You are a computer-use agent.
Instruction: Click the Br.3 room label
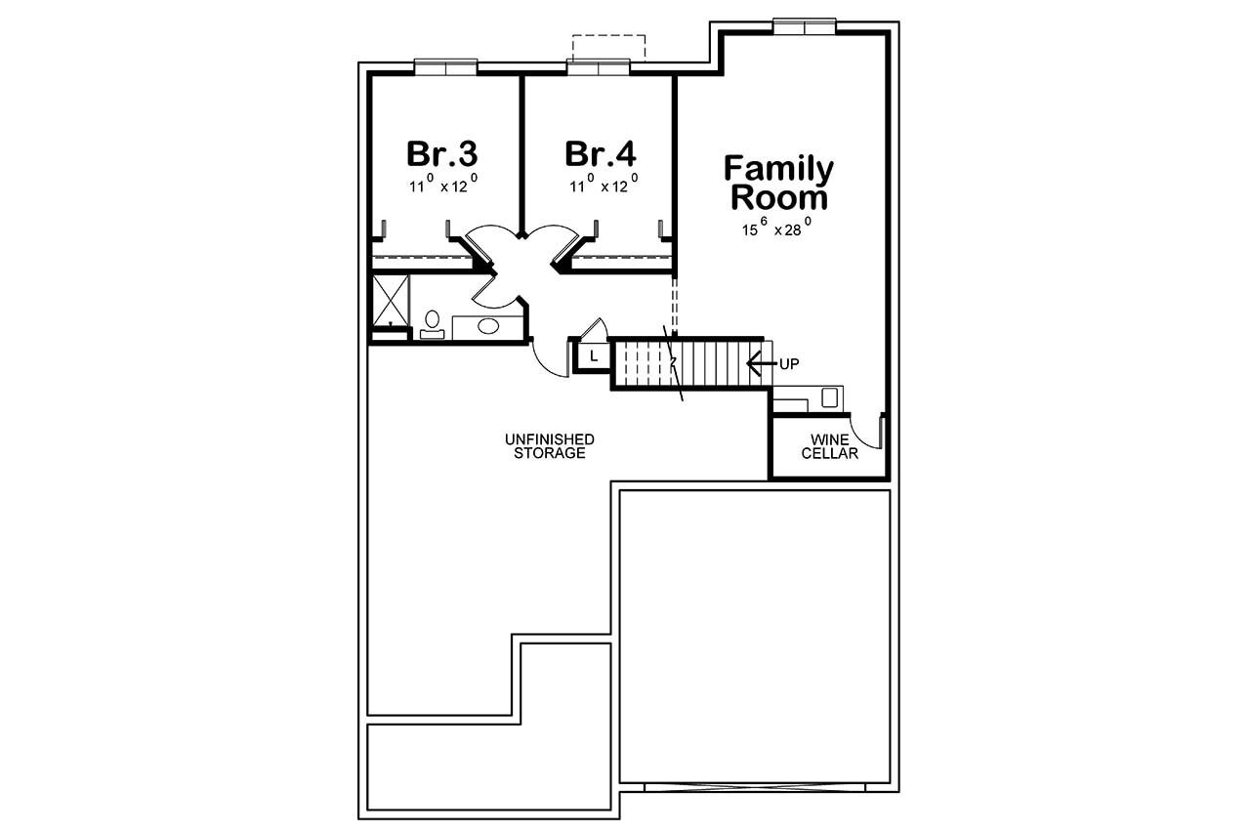pyautogui.click(x=441, y=153)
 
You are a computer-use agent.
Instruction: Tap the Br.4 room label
pyautogui.click(x=600, y=153)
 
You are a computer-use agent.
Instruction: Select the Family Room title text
pyautogui.click(x=778, y=183)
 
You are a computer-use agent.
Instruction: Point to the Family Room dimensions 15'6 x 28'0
pyautogui.click(x=778, y=230)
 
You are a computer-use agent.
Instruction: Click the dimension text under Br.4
pyautogui.click(x=603, y=186)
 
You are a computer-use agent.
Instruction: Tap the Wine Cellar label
pyautogui.click(x=829, y=446)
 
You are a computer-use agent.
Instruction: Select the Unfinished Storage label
pyautogui.click(x=550, y=446)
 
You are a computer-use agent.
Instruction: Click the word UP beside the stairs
pyautogui.click(x=790, y=363)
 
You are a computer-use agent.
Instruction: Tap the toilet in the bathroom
pyautogui.click(x=432, y=323)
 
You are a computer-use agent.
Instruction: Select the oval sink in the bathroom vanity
pyautogui.click(x=487, y=326)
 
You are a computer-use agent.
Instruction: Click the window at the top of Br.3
pyautogui.click(x=446, y=66)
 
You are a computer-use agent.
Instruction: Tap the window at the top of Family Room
pyautogui.click(x=805, y=25)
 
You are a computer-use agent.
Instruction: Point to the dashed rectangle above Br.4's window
pyautogui.click(x=608, y=47)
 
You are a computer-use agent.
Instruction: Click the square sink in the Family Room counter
pyautogui.click(x=830, y=396)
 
